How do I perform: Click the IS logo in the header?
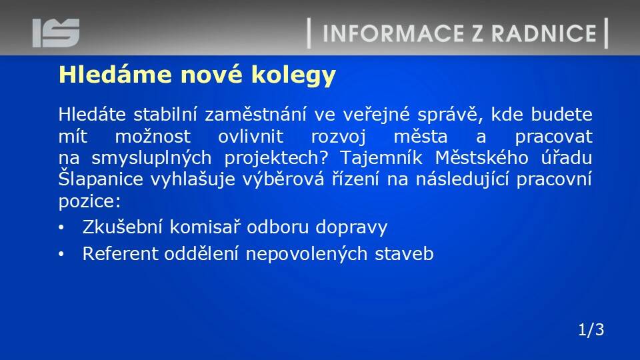[56, 33]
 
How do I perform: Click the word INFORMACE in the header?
[393, 33]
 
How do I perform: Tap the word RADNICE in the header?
[544, 33]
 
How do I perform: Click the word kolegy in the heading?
[293, 76]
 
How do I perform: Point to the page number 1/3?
[591, 329]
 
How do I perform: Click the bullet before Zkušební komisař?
[61, 228]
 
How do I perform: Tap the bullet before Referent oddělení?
[61, 254]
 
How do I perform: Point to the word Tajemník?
[381, 158]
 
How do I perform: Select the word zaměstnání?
[255, 114]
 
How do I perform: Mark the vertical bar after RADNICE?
[607, 33]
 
